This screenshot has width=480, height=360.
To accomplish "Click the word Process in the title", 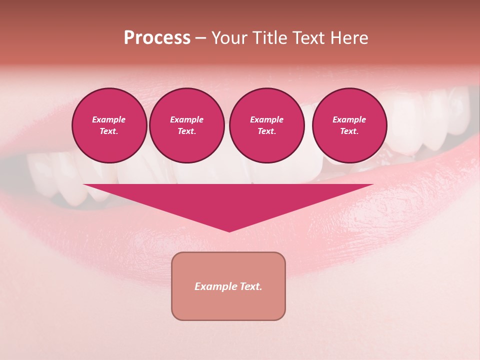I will [157, 38].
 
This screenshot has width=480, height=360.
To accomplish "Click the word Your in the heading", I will [230, 38].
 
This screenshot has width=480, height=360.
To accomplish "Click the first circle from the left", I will [109, 125].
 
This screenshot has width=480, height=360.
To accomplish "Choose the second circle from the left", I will [187, 125].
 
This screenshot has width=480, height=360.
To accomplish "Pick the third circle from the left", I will [266, 125].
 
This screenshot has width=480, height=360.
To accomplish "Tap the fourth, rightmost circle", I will [349, 125].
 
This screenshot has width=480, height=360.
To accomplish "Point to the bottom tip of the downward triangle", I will [229, 231].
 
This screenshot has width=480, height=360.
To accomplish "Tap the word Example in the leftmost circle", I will [109, 119].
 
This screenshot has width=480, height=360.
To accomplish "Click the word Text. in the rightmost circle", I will [349, 131].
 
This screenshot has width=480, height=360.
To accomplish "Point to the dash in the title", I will [200, 38].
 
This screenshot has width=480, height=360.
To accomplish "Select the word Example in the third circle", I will [266, 119].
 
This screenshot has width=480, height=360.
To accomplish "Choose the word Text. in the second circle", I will [187, 131].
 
